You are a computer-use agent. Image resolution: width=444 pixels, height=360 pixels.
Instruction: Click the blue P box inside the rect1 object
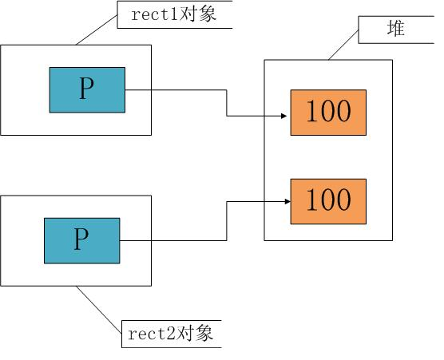pyautogui.click(x=87, y=89)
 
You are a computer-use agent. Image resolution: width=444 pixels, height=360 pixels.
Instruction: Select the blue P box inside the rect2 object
pyautogui.click(x=81, y=239)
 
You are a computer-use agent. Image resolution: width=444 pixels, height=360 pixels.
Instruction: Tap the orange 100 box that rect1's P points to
pyautogui.click(x=328, y=112)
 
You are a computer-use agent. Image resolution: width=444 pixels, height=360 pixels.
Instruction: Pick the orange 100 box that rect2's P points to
pyautogui.click(x=328, y=201)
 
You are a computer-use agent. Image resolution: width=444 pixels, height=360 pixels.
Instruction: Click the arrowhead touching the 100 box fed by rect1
pyautogui.click(x=284, y=117)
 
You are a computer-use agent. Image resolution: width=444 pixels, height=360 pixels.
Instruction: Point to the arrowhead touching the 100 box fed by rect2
pyautogui.click(x=284, y=203)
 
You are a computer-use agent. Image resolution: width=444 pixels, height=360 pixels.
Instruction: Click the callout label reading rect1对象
pyautogui.click(x=174, y=14)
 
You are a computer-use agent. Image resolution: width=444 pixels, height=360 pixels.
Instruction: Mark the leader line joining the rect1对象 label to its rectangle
pyautogui.click(x=96, y=29)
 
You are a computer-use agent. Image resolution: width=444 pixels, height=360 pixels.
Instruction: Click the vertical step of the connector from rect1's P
pyautogui.click(x=228, y=104)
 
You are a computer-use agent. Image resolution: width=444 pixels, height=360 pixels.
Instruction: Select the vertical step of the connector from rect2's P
pyautogui.click(x=228, y=220)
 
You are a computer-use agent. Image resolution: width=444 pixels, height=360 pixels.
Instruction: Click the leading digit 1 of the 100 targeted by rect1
pyautogui.click(x=311, y=112)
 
